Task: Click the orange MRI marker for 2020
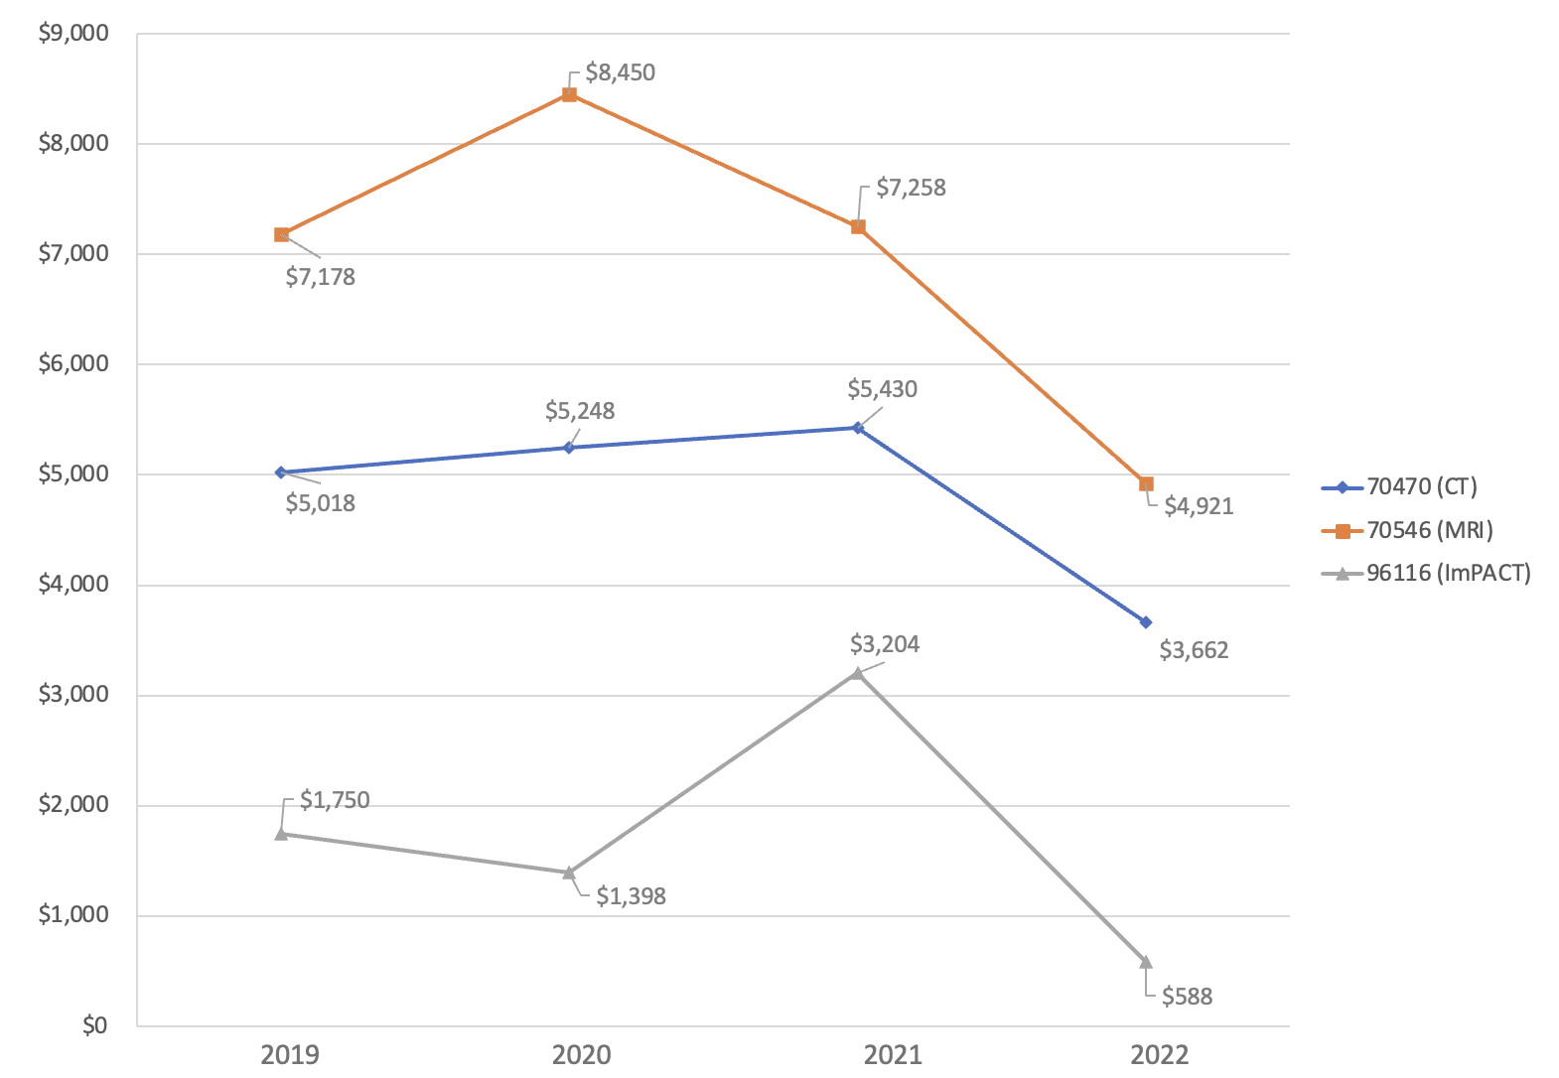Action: click(x=569, y=94)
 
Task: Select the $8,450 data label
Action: click(x=620, y=72)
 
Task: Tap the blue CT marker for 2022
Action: click(x=1146, y=622)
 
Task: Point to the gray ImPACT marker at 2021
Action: click(x=857, y=673)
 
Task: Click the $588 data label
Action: click(x=1187, y=997)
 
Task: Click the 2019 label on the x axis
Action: click(x=290, y=1054)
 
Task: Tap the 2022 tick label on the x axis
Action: click(x=1159, y=1054)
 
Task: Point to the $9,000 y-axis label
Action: click(x=73, y=34)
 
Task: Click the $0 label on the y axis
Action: click(x=94, y=1025)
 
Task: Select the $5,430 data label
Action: click(x=882, y=389)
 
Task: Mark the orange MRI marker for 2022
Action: click(x=1146, y=484)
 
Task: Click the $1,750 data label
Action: click(x=335, y=800)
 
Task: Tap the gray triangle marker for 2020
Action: click(x=569, y=873)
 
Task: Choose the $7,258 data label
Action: click(x=911, y=188)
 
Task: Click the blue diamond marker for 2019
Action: click(x=281, y=472)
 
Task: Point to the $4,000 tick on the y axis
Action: click(x=73, y=584)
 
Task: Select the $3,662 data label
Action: click(x=1194, y=650)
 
